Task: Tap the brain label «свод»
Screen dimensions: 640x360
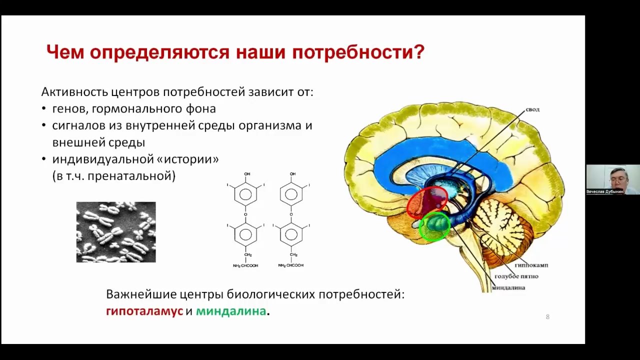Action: tap(532, 109)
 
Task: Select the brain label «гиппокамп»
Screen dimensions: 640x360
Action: tap(531, 265)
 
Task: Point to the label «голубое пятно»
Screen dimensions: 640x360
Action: tap(516, 276)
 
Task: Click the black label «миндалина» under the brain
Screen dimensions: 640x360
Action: tap(508, 287)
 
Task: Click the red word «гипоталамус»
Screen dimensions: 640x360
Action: tap(144, 311)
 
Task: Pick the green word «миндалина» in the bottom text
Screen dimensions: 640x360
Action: tap(231, 311)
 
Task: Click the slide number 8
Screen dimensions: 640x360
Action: tap(547, 316)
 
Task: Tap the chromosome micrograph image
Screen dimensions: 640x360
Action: tap(116, 232)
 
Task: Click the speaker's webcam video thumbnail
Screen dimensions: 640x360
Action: tap(612, 179)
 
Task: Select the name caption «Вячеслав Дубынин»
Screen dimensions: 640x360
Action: tap(604, 191)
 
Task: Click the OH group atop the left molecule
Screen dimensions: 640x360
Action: tap(247, 173)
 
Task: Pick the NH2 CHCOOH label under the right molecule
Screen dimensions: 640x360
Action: tap(291, 265)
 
